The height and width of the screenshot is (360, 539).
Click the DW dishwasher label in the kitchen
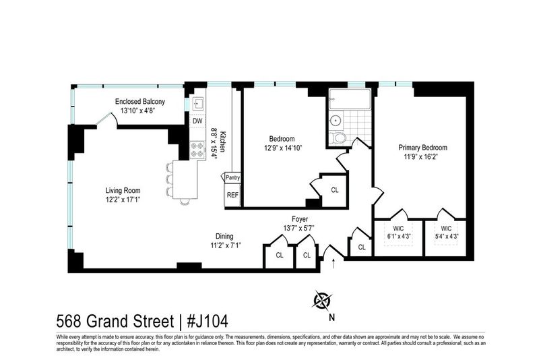coord(197,121)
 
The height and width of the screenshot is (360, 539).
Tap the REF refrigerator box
coord(232,195)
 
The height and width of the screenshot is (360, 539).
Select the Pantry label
coord(232,178)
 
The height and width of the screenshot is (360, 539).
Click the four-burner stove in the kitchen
coord(197,150)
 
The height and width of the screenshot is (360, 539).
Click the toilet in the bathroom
coord(339,138)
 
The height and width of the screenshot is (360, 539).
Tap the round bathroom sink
coord(335,121)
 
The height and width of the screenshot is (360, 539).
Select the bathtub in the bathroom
coord(350,99)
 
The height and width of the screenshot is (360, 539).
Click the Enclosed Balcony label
coord(140,101)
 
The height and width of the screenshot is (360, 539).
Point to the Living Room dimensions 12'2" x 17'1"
coord(123,200)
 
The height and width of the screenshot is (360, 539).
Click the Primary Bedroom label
coord(423,148)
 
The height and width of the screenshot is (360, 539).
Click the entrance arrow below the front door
coord(333,264)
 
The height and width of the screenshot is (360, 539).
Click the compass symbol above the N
coord(323,301)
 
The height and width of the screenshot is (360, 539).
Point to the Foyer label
coord(300,219)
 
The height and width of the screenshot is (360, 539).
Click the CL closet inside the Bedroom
coord(334,190)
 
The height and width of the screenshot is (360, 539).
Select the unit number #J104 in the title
coord(208,322)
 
